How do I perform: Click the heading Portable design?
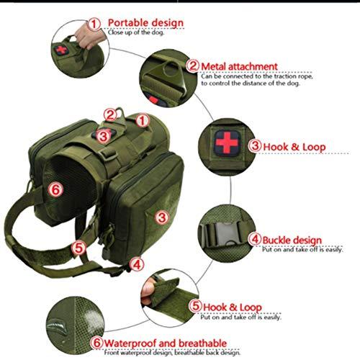click(x=145, y=23)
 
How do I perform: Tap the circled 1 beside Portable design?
click(x=94, y=24)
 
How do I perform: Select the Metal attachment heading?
click(x=239, y=66)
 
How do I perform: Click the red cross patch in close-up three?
click(x=227, y=143)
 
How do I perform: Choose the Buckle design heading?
click(x=292, y=240)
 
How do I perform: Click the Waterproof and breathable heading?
click(x=166, y=343)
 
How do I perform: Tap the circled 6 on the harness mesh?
click(x=55, y=189)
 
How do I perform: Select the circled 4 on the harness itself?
click(x=137, y=265)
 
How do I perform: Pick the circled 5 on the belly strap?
click(x=78, y=248)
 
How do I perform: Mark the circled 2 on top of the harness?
click(x=110, y=115)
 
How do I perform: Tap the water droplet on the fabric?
click(x=55, y=325)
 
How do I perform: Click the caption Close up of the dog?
click(x=136, y=32)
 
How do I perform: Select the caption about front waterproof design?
click(x=172, y=353)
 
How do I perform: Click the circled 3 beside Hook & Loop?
click(x=255, y=145)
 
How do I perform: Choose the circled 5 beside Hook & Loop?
click(x=196, y=306)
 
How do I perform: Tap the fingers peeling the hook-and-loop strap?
click(x=147, y=291)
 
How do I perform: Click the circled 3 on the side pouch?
click(x=162, y=217)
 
